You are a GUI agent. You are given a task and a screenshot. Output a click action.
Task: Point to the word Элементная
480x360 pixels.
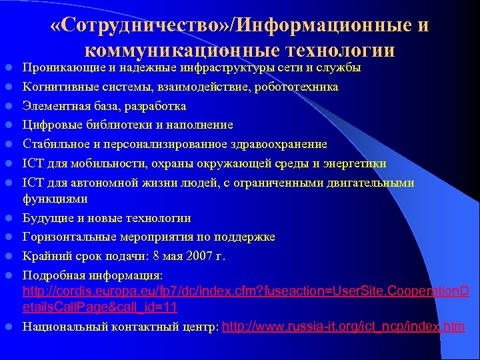pyautogui.click(x=54, y=106)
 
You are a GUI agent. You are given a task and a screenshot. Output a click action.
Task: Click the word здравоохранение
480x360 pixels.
pyautogui.click(x=280, y=144)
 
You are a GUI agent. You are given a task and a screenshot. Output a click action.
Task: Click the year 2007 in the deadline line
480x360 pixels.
pyautogui.click(x=202, y=256)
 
